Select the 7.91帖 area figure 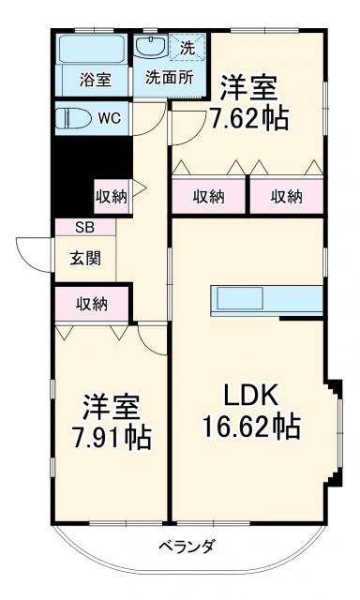point(111,438)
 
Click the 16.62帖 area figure point(251,427)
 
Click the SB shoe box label point(84,227)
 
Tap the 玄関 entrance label point(84,259)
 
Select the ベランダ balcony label point(186,547)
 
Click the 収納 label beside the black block point(111,197)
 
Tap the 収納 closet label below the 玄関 point(92,304)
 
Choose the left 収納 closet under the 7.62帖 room point(209,196)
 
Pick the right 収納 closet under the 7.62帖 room point(286,196)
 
